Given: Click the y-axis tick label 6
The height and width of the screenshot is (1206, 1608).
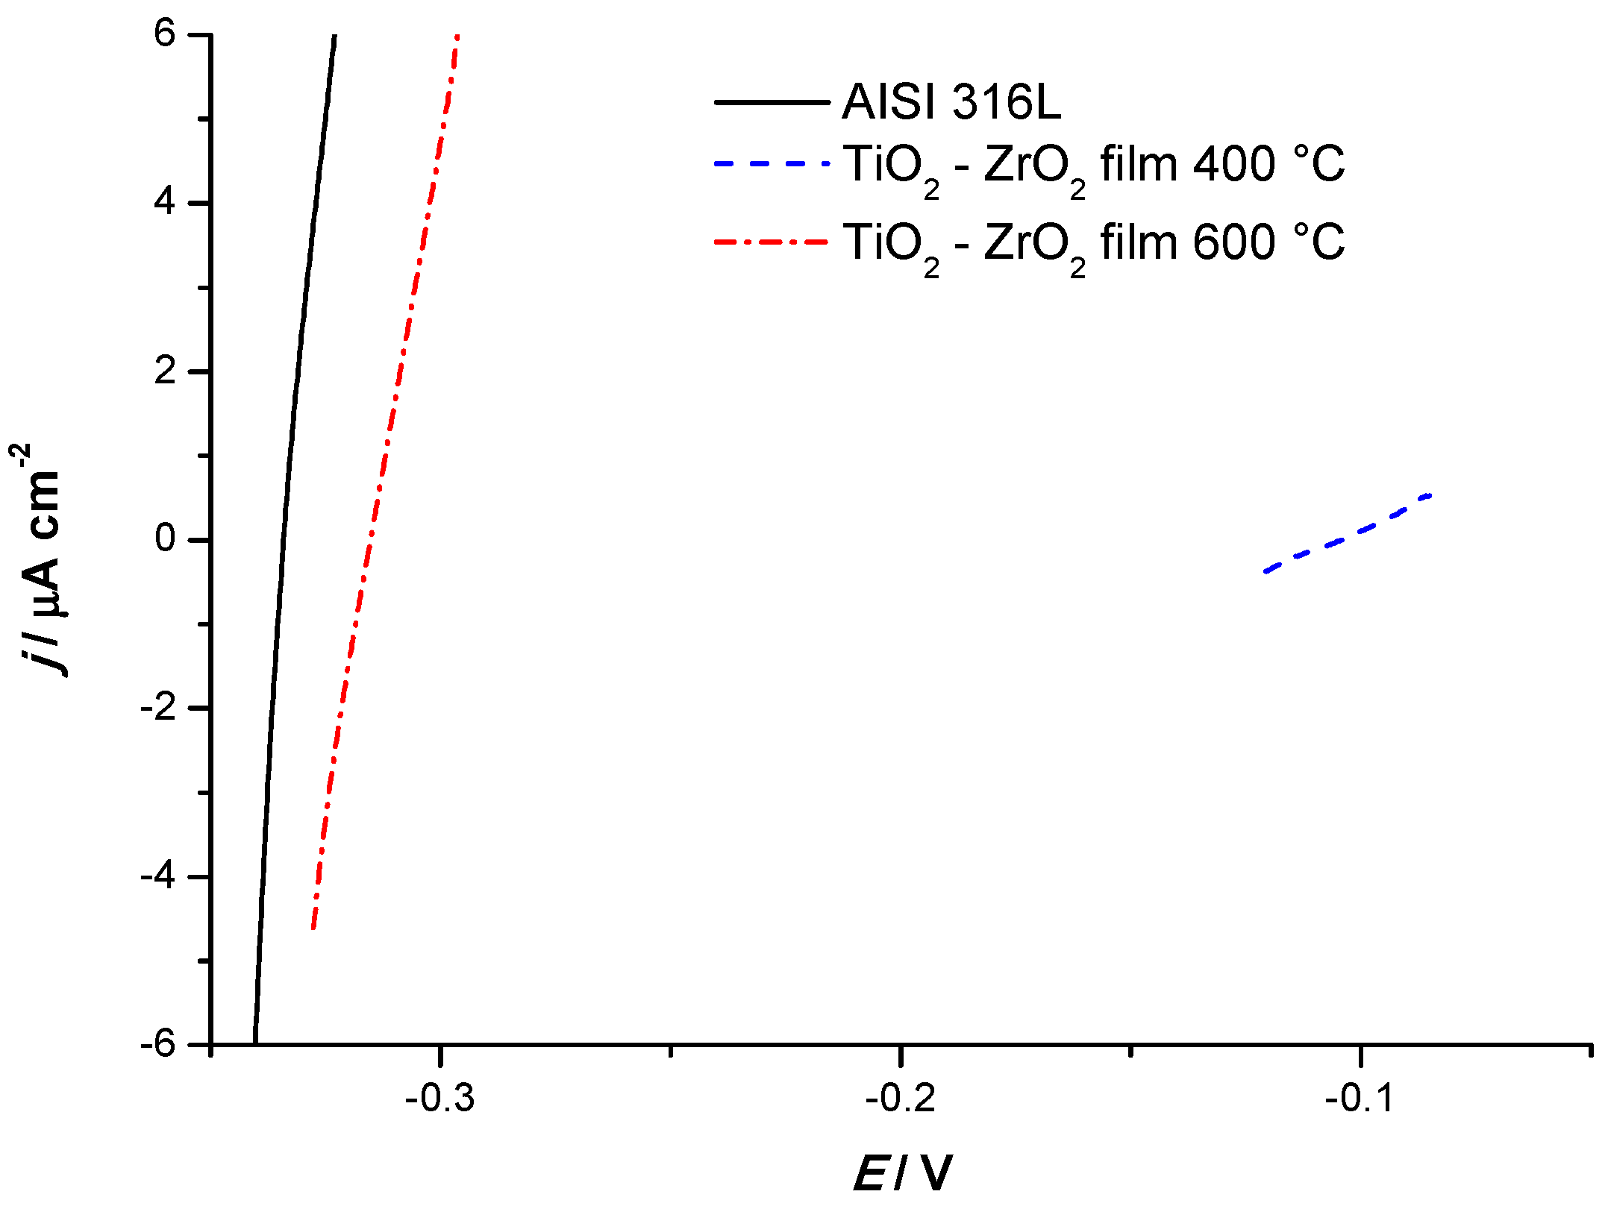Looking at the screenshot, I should pos(165,34).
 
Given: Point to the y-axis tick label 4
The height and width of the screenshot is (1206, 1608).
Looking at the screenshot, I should pos(165,202).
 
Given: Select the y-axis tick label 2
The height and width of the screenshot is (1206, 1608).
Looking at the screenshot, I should pos(165,371).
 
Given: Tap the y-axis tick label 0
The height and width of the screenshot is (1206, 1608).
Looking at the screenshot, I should pos(165,538).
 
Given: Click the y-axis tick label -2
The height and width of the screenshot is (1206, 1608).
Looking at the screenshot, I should pos(158,707).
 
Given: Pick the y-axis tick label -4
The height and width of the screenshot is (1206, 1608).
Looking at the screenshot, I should pos(158,876).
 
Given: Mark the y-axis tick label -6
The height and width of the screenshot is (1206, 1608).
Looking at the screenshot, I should pos(158,1044).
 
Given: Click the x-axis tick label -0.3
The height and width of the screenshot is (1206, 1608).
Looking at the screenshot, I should pos(440,1099).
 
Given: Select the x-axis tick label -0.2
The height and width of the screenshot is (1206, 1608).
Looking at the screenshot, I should pos(901,1099).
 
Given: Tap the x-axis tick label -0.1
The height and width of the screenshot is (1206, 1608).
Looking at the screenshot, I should pos(1360,1099).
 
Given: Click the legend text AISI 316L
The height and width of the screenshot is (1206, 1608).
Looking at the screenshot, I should pos(951,101).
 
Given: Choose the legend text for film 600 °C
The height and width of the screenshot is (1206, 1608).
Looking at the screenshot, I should pos(1093,245).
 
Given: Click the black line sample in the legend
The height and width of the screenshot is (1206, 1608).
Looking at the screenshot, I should pos(772,102).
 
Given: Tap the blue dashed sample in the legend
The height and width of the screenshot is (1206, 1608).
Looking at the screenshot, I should pos(772,163).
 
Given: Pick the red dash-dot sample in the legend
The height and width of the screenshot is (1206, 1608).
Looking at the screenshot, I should pos(772,242).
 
